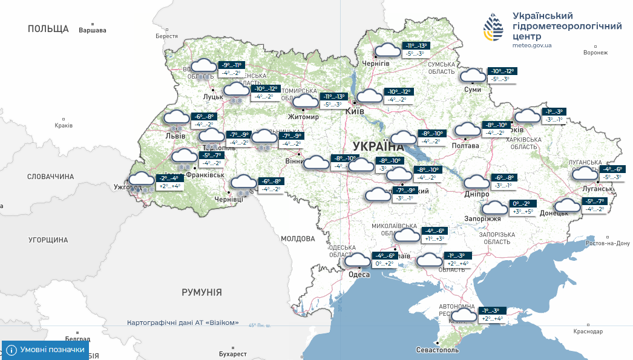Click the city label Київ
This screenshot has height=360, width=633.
[x=353, y=112]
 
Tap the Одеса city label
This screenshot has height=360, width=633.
[x=359, y=275]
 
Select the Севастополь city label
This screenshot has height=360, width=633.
[x=437, y=350]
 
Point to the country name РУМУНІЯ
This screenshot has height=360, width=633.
[x=202, y=292]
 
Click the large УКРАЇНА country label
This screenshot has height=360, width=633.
[x=378, y=146]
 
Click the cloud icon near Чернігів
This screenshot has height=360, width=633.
[x=387, y=51]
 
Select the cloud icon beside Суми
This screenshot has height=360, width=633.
[x=472, y=76]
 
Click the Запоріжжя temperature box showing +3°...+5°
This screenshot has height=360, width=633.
[x=522, y=212]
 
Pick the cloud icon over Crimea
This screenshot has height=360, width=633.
[x=464, y=315]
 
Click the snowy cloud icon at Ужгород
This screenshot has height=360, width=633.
[x=142, y=180]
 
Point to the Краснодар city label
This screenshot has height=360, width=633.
[x=588, y=332]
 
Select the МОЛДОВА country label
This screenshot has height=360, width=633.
[x=298, y=239]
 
